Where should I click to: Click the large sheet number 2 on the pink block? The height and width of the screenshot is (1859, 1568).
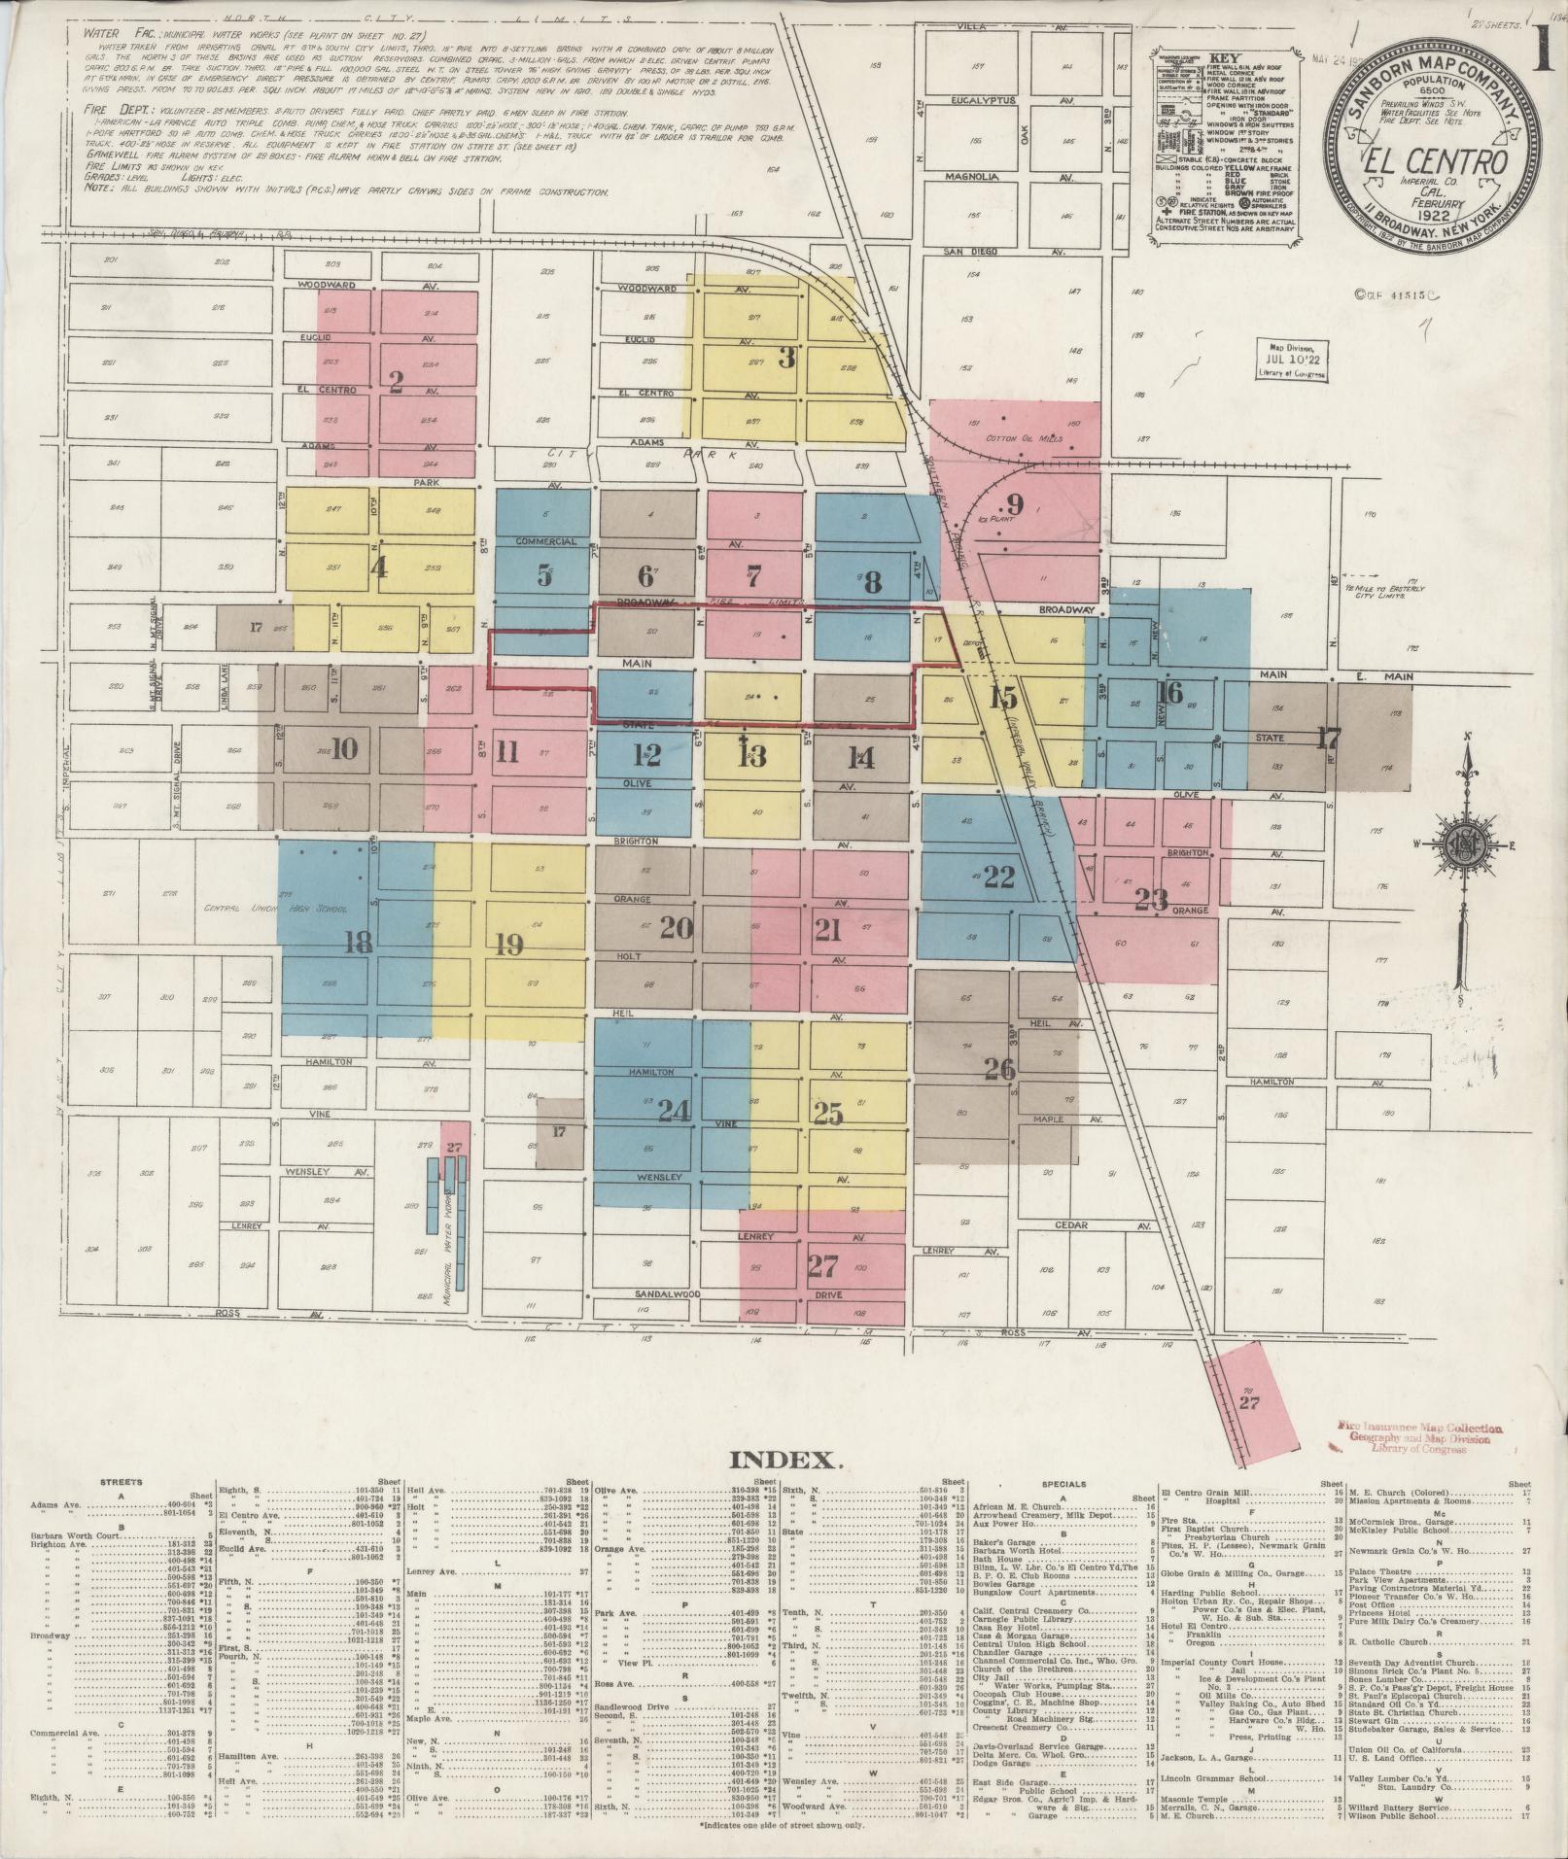click(x=395, y=381)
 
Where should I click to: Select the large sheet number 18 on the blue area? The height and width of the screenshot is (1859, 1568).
click(x=358, y=942)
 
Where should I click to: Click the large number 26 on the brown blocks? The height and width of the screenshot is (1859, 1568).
click(x=999, y=1069)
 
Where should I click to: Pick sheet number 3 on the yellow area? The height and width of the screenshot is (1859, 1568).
click(x=786, y=358)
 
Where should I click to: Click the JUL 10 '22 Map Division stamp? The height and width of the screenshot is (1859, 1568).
click(x=1291, y=361)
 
